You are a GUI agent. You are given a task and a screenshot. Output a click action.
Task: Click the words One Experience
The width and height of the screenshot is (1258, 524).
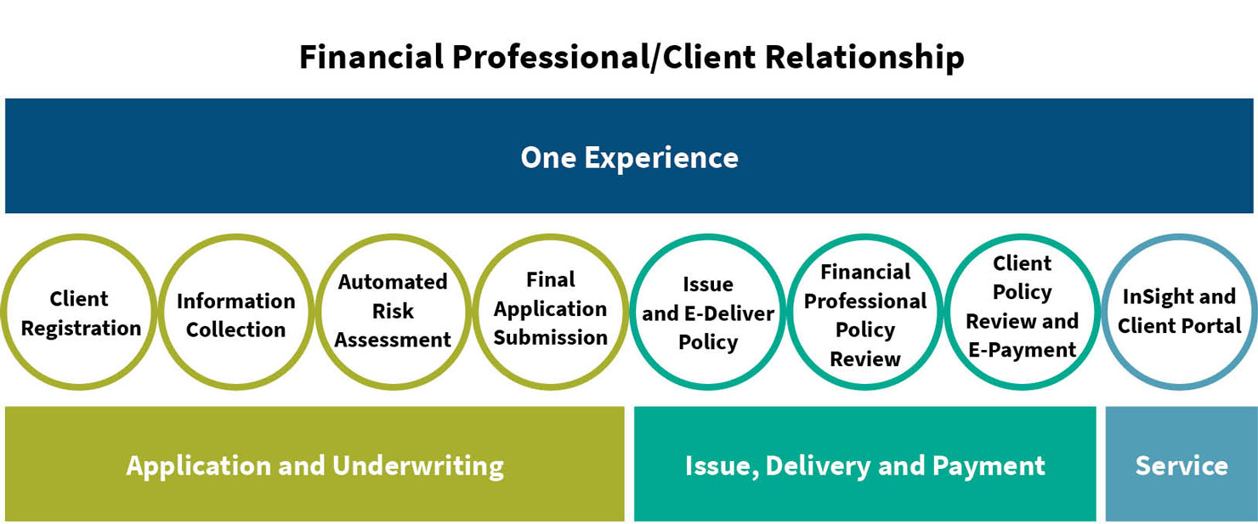coord(630,158)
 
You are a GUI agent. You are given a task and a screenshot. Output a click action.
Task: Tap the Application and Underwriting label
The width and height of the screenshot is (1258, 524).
coord(315,466)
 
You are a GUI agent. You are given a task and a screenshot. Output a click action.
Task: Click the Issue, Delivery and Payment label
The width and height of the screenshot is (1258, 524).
coord(865,466)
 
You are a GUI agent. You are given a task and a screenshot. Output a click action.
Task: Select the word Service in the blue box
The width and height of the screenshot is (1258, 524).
coord(1181,465)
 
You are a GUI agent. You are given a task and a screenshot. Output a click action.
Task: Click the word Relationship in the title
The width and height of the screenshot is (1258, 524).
coord(864,58)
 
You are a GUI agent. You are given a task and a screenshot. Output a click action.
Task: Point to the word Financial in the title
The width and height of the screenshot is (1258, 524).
coord(371,57)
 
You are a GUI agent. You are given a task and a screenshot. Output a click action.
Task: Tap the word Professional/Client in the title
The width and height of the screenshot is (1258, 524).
coord(603,58)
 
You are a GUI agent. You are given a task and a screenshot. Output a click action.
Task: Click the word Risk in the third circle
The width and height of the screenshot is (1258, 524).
coord(393,311)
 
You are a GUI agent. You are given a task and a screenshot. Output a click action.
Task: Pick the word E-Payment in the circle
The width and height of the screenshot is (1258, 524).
coord(1022,350)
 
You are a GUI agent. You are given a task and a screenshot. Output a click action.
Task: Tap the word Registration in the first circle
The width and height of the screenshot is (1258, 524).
coord(81,329)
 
